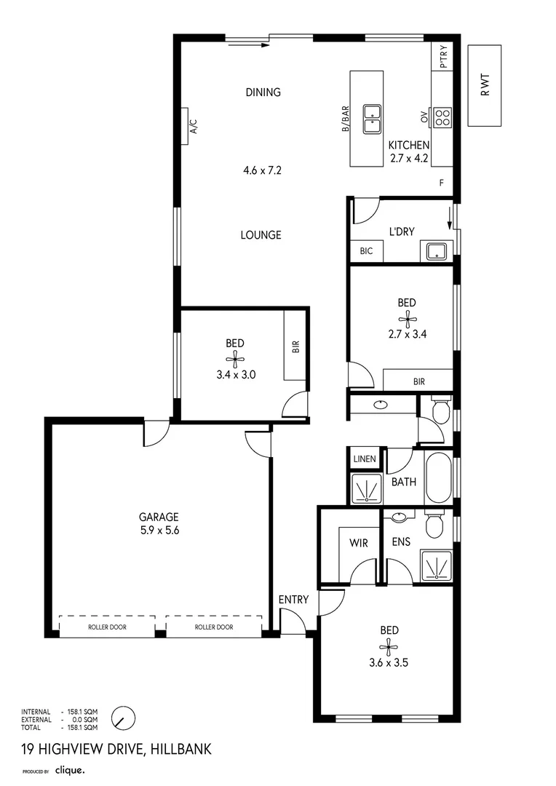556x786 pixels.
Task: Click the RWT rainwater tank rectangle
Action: point(484,85)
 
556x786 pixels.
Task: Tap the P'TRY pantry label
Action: point(443,57)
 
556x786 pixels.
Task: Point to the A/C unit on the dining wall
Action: point(185,127)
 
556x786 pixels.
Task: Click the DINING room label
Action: point(263,92)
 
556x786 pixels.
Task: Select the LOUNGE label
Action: point(261,235)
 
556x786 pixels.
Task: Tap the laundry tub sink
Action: point(437,251)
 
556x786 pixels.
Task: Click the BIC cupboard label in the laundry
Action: point(367,251)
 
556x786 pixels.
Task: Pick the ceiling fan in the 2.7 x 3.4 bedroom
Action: point(408,319)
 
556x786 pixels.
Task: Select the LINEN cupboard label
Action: point(365,458)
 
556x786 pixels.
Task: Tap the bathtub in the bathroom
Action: point(438,478)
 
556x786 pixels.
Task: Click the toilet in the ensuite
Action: point(433,524)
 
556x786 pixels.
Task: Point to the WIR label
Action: point(359,543)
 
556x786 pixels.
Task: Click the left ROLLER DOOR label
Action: point(107,627)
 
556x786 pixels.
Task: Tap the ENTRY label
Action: point(294,600)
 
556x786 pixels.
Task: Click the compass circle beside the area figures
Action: point(123,719)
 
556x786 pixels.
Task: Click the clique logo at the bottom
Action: point(70,771)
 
